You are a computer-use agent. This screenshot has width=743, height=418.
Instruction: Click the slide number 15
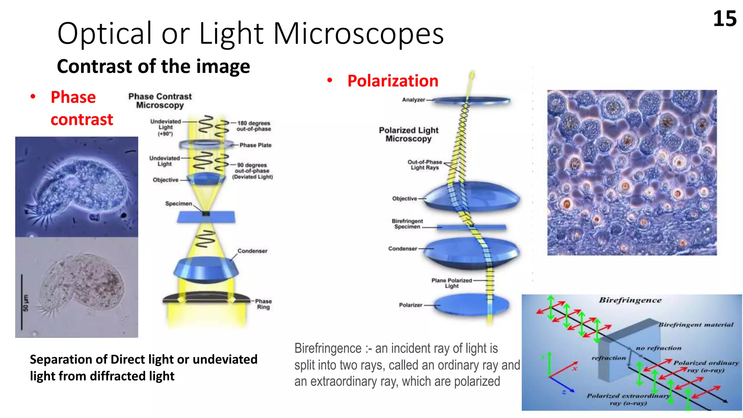[x=724, y=19]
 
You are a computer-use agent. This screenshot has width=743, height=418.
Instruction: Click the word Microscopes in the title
[x=358, y=34]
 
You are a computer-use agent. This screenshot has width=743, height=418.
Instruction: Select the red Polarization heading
[x=393, y=81]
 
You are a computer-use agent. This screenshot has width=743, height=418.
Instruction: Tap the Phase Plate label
[x=255, y=145]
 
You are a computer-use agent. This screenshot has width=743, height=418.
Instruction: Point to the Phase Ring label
[x=263, y=304]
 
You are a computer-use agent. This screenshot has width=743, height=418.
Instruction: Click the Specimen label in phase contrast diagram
[x=178, y=204]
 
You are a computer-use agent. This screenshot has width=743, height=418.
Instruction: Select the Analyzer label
[x=413, y=100]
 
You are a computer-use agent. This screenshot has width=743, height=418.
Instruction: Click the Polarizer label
[x=410, y=305]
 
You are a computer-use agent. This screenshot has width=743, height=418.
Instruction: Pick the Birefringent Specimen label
[x=407, y=224]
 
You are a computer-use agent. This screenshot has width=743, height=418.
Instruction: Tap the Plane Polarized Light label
[x=452, y=283]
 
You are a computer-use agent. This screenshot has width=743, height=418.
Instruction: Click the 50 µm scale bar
[x=22, y=302]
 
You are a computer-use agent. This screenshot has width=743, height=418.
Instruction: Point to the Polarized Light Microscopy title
[x=409, y=134]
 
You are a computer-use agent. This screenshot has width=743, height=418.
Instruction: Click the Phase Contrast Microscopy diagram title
[x=160, y=101]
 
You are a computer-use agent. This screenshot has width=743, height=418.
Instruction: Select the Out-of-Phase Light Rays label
[x=424, y=165]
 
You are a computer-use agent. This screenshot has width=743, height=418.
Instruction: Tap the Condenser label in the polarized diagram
[x=402, y=249]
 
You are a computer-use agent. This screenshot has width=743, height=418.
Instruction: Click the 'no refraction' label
[x=658, y=348]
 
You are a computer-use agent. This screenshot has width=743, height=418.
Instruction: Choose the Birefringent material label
[x=695, y=325]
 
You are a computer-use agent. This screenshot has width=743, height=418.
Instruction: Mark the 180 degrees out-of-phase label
[x=254, y=126]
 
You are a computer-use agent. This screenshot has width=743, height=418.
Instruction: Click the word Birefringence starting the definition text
[x=328, y=348]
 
